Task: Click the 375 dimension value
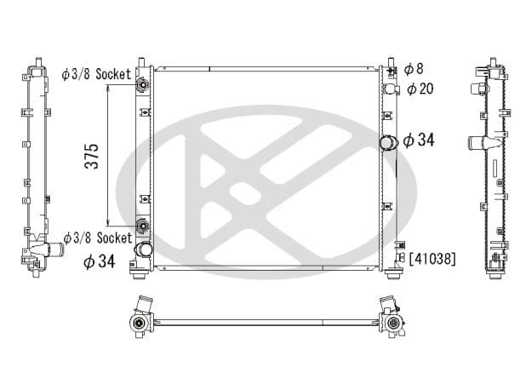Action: coord(92,157)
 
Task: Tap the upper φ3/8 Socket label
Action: coord(96,74)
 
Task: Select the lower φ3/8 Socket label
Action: coord(98,238)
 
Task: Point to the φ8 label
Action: coord(414,69)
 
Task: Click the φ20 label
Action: coord(420,89)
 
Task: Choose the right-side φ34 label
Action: coord(419,140)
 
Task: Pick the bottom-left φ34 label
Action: coord(99,261)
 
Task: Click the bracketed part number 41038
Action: coord(432,259)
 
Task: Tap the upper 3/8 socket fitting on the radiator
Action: coord(143,84)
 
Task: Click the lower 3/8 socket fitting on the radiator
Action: coord(143,226)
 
